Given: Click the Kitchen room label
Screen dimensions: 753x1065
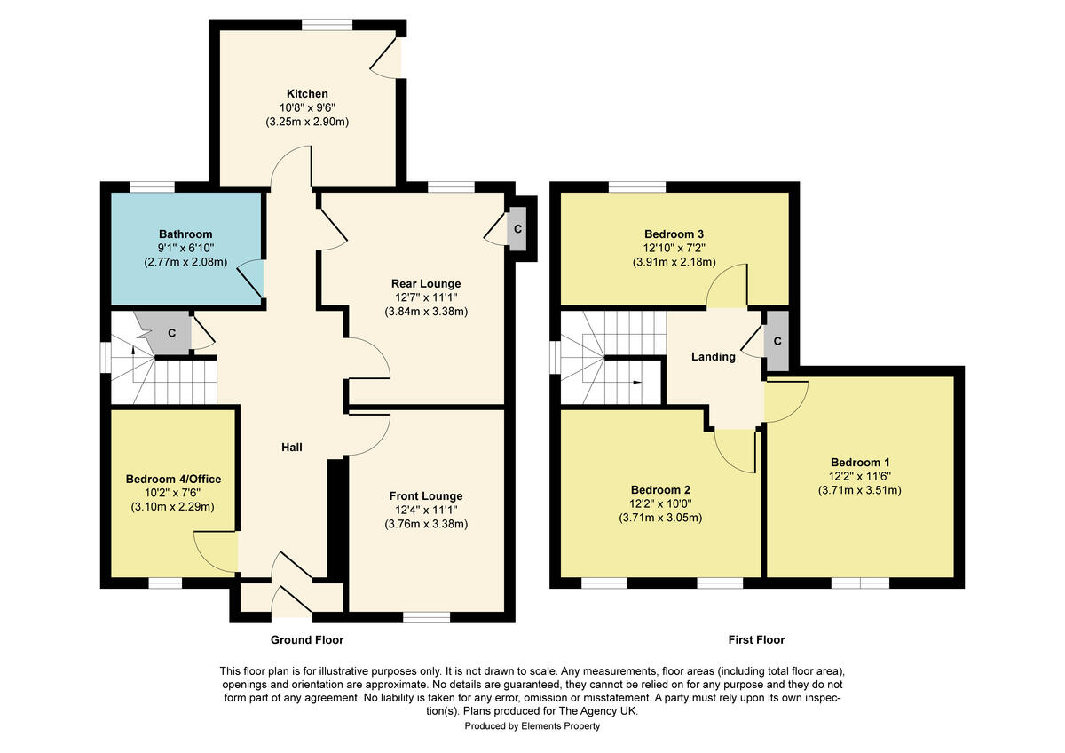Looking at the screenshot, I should tap(307, 93).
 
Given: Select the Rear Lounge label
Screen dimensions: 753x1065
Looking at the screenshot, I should tap(426, 283).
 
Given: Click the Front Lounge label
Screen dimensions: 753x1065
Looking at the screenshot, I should tap(426, 495).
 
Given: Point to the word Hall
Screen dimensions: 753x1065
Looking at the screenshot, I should tap(292, 447).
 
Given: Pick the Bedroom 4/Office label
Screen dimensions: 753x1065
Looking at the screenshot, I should tap(173, 479).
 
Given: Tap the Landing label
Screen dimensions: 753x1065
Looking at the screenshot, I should tap(714, 357).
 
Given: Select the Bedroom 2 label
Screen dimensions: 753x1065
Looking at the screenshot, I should tap(660, 489).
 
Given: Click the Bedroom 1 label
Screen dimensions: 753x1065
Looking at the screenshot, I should tap(860, 462).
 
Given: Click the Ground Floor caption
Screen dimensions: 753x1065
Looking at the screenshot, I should tap(306, 639).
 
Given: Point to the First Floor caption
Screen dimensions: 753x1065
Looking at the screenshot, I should tap(756, 639).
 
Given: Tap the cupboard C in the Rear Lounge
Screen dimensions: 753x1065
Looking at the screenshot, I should tap(517, 229).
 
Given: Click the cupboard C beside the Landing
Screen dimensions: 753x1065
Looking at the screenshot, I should tap(777, 341).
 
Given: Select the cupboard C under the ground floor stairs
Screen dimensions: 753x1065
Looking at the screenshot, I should tap(171, 333).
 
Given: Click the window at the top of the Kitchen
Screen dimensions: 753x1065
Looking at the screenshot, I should tap(327, 25).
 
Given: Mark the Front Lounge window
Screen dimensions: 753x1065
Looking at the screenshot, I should tap(427, 617).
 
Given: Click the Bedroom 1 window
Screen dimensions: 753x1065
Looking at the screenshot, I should tap(860, 583).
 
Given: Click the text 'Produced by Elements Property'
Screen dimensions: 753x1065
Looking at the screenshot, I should tap(532, 726).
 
